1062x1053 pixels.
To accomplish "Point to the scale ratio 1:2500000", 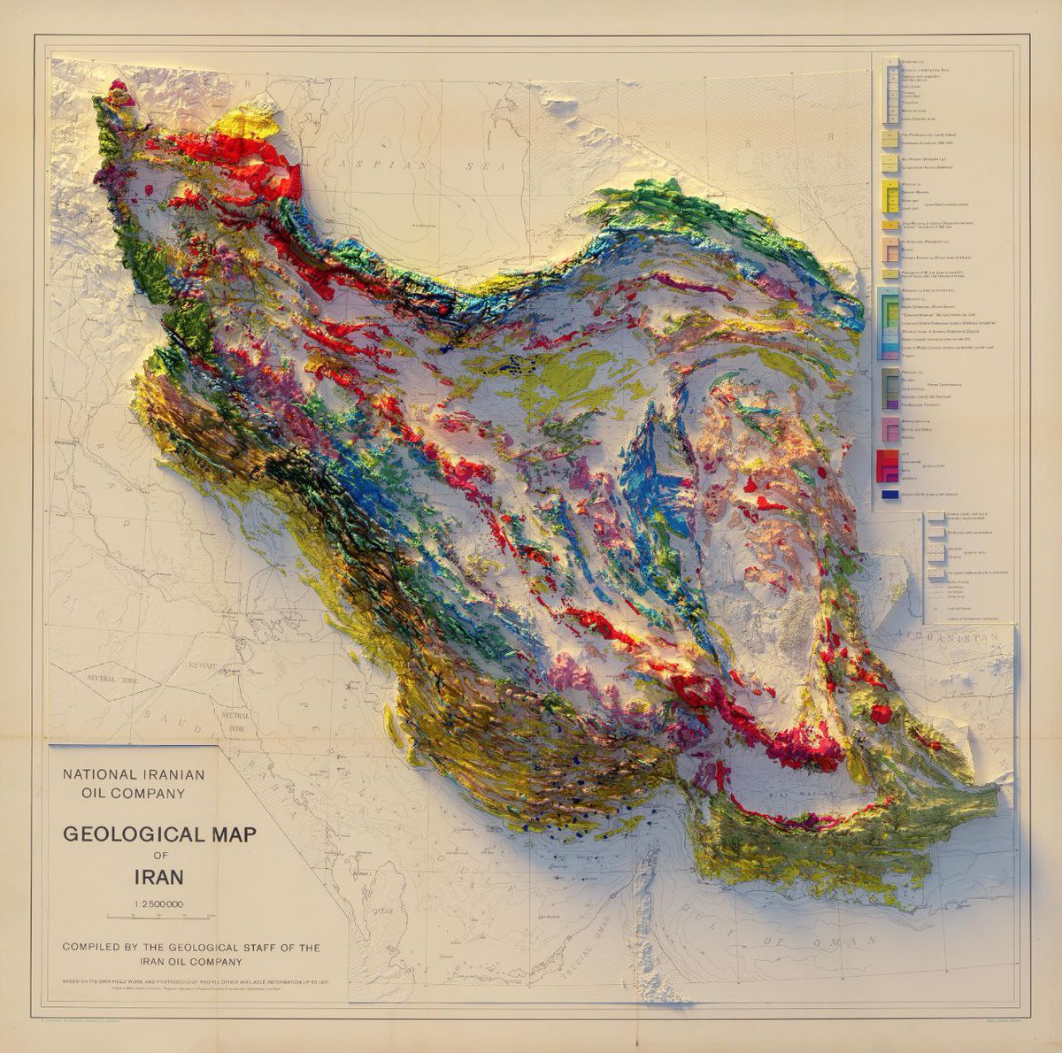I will click(x=159, y=904).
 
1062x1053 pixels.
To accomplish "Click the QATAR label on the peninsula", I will click(x=382, y=909).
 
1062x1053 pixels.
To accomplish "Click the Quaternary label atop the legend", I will click(x=912, y=61).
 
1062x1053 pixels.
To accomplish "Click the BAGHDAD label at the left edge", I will click(x=61, y=442).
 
